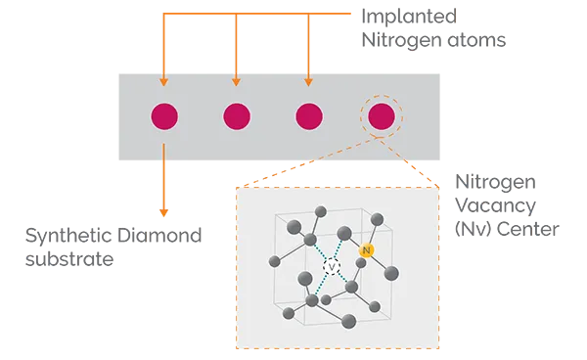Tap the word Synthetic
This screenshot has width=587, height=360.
pyautogui.click(x=68, y=236)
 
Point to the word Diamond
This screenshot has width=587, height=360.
pyautogui.click(x=159, y=236)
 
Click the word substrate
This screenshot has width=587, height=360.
pyautogui.click(x=69, y=259)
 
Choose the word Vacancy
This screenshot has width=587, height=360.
pyautogui.click(x=495, y=205)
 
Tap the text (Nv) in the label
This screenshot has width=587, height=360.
pyautogui.click(x=474, y=229)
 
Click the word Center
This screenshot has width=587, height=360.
pyautogui.click(x=528, y=229)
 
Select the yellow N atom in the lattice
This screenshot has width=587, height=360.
pyautogui.click(x=367, y=250)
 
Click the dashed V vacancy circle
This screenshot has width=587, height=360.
pyautogui.click(x=332, y=267)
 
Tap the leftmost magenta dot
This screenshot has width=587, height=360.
pyautogui.click(x=164, y=116)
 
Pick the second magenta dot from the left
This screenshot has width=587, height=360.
pyautogui.click(x=237, y=116)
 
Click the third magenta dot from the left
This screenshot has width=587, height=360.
pyautogui.click(x=309, y=116)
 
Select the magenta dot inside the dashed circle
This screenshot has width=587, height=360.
pyautogui.click(x=382, y=116)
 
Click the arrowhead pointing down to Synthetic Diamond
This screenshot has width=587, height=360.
pyautogui.click(x=163, y=212)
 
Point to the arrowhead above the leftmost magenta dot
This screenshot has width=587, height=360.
pyautogui.click(x=163, y=82)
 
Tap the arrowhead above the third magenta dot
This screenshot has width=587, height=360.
pyautogui.click(x=308, y=82)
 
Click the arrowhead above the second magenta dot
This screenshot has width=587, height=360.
pyautogui.click(x=236, y=82)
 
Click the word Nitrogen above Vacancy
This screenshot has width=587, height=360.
pyautogui.click(x=495, y=183)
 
